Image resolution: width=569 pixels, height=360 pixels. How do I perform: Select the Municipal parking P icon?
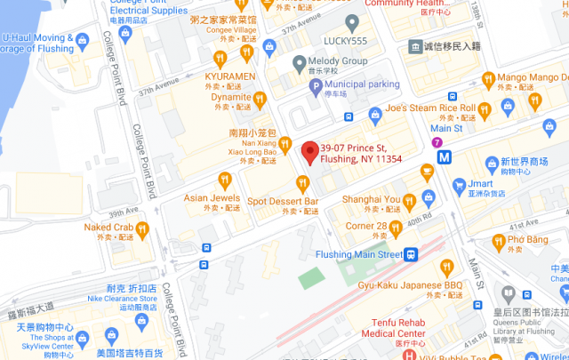(x=315, y=85)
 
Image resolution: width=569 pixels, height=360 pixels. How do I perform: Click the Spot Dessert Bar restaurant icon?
(x=303, y=184)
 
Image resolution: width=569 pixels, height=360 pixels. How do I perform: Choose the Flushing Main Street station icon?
(x=413, y=254)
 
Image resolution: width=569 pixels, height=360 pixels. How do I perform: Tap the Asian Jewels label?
(x=212, y=197)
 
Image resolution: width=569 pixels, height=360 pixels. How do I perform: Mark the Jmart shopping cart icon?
(x=459, y=185)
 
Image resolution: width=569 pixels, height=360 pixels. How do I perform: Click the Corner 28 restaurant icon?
(x=396, y=227)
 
